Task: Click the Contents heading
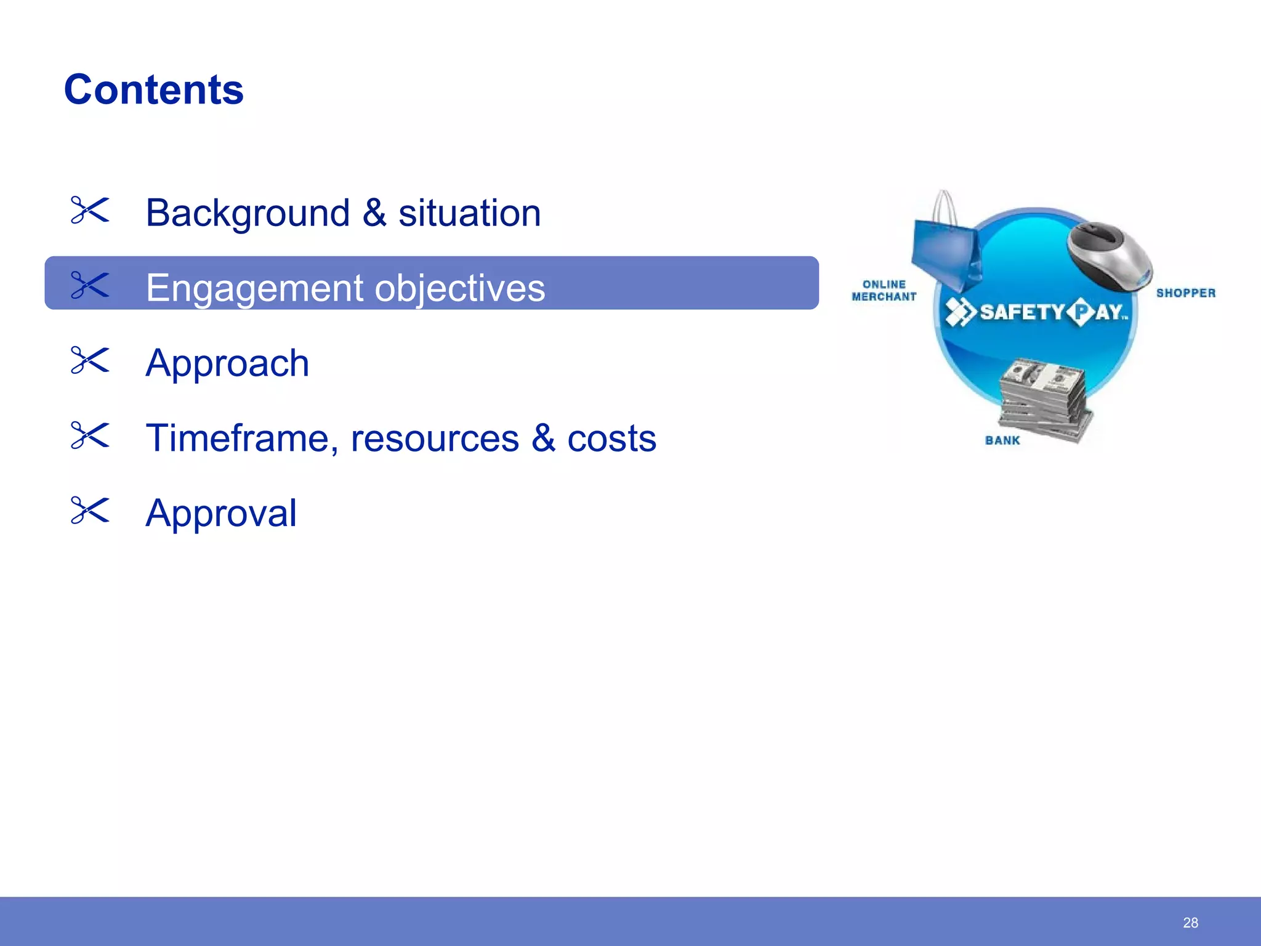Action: [x=154, y=90]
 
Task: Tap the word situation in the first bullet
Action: [x=469, y=213]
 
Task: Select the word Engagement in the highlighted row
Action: [x=254, y=288]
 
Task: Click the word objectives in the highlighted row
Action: [x=459, y=288]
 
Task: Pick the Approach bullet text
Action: [x=227, y=363]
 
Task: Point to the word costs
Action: [x=611, y=439]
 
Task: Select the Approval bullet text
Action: [x=221, y=513]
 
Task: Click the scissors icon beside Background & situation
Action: [x=90, y=210]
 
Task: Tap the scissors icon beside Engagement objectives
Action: [x=90, y=285]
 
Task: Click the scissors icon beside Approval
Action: [x=90, y=511]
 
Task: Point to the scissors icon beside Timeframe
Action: [x=90, y=435]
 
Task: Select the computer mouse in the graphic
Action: [x=1110, y=255]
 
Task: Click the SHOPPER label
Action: [x=1186, y=293]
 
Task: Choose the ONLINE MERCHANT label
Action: [x=884, y=291]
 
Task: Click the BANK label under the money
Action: [x=1002, y=440]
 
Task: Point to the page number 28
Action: [x=1190, y=923]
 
